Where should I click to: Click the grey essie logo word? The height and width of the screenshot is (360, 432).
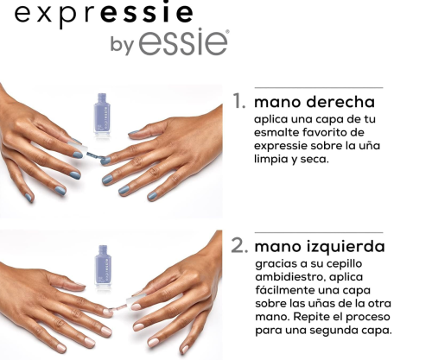(183, 42)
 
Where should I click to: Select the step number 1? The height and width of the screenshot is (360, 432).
(239, 101)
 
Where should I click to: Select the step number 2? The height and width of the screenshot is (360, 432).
(239, 246)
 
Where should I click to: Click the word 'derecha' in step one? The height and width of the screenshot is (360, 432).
(340, 102)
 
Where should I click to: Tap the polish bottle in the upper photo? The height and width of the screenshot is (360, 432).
(102, 114)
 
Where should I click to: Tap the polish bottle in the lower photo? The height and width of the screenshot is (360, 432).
(103, 267)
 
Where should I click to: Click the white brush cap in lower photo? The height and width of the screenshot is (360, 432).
(136, 299)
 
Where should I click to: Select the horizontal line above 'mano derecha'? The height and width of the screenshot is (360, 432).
(319, 87)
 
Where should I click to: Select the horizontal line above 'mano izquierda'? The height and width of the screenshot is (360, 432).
(319, 232)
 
